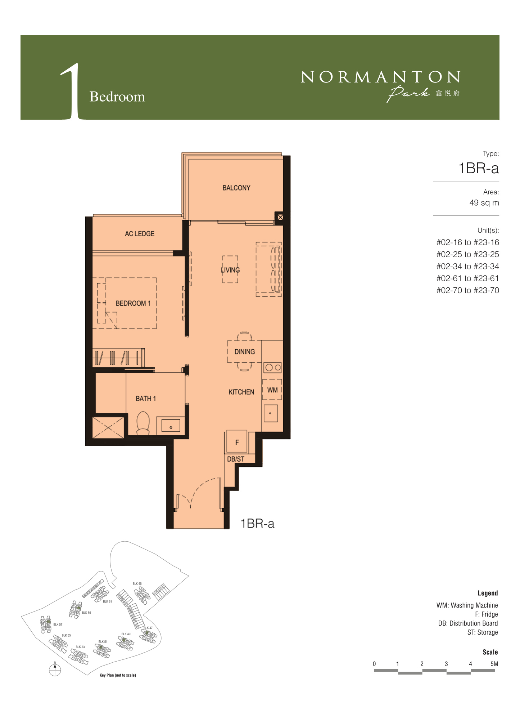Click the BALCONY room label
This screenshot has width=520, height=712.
(x=236, y=188)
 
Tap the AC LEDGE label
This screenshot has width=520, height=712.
(x=140, y=234)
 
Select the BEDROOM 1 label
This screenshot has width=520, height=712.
(x=133, y=303)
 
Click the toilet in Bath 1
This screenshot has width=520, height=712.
(x=143, y=423)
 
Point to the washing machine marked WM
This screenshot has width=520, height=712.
(x=272, y=390)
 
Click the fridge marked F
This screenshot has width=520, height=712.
(x=236, y=442)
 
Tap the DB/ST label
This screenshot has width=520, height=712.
(x=236, y=459)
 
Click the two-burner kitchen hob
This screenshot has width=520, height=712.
(x=272, y=367)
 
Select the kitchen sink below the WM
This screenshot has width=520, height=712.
(x=271, y=413)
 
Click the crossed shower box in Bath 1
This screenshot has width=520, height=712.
(x=108, y=428)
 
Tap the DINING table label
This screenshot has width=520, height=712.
(x=245, y=351)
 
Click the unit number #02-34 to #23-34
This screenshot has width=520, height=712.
(x=467, y=267)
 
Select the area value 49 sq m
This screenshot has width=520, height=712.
(x=484, y=203)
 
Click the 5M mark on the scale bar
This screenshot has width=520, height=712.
(x=494, y=664)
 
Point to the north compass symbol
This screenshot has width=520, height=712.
(x=55, y=670)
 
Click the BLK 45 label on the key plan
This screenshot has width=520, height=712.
(x=137, y=583)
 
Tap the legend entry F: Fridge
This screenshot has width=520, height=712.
(x=486, y=614)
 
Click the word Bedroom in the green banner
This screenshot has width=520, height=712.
(x=117, y=97)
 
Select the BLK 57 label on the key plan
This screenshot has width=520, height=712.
(x=58, y=624)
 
